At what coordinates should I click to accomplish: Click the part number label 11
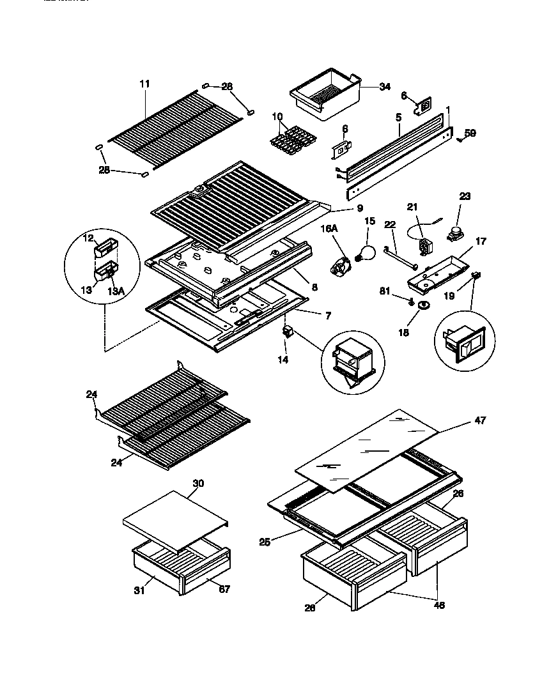coord(144,84)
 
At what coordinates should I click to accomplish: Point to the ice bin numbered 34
coord(325,96)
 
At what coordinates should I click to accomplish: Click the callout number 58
coord(470,134)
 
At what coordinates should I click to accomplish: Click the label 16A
coord(329,228)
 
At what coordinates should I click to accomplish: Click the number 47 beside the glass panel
coord(480,420)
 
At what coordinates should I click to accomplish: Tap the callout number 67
coord(223,589)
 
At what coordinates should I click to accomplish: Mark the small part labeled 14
coord(288,332)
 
